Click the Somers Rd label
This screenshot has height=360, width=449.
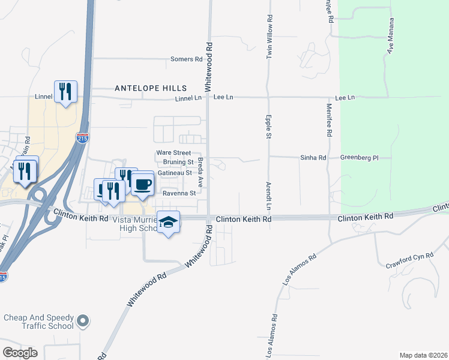click(186, 59)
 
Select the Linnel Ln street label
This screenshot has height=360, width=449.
click(188, 98)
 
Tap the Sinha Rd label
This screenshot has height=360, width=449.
click(313, 158)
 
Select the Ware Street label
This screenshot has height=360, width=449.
click(173, 153)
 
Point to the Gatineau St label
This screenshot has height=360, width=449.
click(175, 173)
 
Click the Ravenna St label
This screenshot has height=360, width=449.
click(179, 193)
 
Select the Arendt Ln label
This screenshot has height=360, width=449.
click(270, 197)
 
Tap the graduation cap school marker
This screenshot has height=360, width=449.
click(169, 222)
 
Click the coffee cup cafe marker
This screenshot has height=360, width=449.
click(143, 184)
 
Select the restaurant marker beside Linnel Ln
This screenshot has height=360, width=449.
click(65, 91)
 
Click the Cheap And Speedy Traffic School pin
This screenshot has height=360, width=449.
click(83, 322)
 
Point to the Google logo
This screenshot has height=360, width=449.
click(20, 353)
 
